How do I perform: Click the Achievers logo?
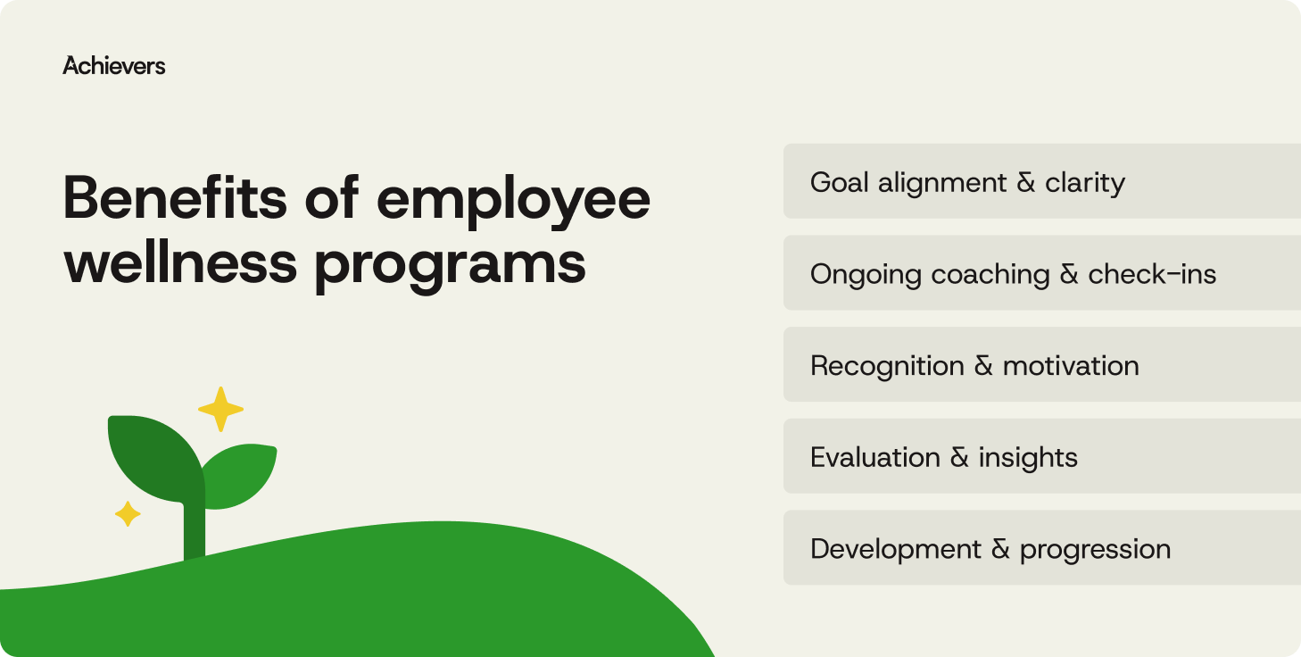pos(113,65)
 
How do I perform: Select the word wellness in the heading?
pos(179,262)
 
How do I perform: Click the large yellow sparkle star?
pos(220,410)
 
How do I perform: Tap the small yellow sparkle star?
pos(128,513)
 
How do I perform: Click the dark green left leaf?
pos(154,455)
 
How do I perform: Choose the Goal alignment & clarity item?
pos(966,182)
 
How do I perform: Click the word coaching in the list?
pos(990,275)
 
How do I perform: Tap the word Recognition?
pos(887,366)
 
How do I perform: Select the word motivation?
pos(1071,366)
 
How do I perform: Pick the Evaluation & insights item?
pos(943,457)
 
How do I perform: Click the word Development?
pos(896,549)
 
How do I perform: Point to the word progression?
pos(1095,550)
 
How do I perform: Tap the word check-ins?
pos(1152,274)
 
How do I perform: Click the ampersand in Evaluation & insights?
pos(959,458)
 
